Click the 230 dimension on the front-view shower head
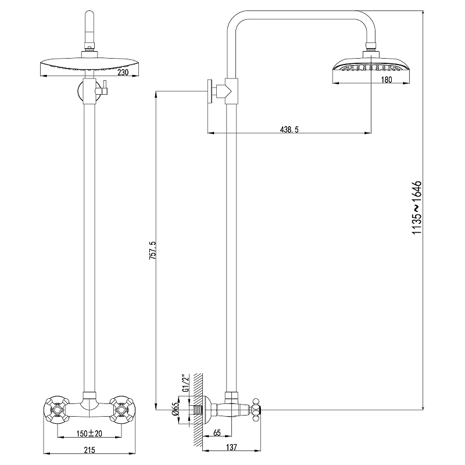(x=122, y=73)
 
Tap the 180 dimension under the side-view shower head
(x=387, y=80)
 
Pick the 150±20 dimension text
(x=90, y=433)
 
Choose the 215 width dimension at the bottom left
(x=89, y=449)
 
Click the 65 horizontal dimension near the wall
(x=216, y=433)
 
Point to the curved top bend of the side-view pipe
(x=238, y=23)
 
